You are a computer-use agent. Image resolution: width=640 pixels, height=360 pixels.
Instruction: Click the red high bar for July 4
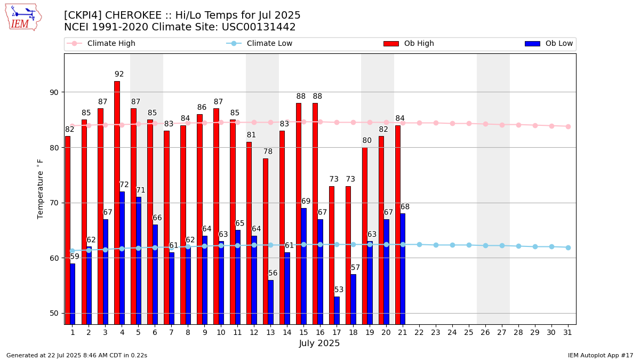[x=117, y=203]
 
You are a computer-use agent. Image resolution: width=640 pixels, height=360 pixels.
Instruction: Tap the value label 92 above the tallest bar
[x=119, y=74]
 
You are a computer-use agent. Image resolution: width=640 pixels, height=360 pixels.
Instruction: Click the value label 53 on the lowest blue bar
[x=339, y=290]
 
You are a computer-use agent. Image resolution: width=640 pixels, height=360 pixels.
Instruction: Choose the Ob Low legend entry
[x=549, y=44]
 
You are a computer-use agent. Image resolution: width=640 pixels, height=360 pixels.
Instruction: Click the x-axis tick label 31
[x=568, y=332]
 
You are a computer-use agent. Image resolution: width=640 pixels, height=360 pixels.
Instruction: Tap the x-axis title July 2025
[x=319, y=343]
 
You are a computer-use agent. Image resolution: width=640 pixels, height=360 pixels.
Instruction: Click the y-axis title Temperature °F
[x=41, y=188]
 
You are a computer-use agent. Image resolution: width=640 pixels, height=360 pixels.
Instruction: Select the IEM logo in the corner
[x=23, y=17]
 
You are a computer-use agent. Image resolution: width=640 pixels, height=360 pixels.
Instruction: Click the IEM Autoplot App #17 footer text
[x=600, y=355]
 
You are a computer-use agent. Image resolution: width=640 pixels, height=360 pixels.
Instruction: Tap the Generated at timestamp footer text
[x=77, y=355]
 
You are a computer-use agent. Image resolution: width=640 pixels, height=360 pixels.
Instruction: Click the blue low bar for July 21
[x=402, y=269]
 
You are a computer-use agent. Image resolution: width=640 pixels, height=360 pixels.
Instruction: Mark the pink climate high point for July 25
[x=469, y=123]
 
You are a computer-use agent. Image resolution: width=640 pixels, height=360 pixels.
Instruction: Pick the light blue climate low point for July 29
[x=535, y=246]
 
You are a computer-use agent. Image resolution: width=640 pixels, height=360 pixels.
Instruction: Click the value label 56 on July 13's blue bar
[x=273, y=273]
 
